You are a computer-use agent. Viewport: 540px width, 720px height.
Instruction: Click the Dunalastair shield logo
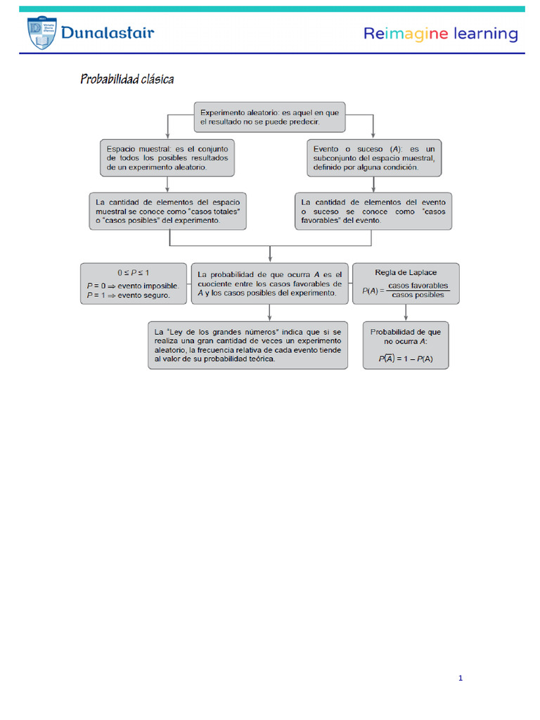(x=43, y=33)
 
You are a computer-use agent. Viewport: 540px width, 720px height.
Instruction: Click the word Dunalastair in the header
(x=107, y=33)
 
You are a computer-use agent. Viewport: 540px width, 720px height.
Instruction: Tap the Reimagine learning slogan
(x=440, y=34)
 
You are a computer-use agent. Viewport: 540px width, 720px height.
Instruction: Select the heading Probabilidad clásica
(x=127, y=79)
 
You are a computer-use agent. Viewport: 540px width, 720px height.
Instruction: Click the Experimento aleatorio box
(x=270, y=117)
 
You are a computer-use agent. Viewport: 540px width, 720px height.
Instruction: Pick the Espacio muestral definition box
(x=167, y=158)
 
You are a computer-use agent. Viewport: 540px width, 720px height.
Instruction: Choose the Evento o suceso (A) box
(x=375, y=158)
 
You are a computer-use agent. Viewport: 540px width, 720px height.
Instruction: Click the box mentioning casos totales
(x=168, y=211)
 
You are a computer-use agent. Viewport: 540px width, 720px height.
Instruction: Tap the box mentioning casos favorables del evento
(x=373, y=211)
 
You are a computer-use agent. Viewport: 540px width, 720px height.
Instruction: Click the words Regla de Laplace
(x=406, y=272)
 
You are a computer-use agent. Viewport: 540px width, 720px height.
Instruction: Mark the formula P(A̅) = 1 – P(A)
(x=406, y=358)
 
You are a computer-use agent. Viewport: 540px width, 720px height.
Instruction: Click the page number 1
(x=460, y=679)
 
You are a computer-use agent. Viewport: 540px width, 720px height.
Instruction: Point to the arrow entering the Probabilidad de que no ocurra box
(x=406, y=314)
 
